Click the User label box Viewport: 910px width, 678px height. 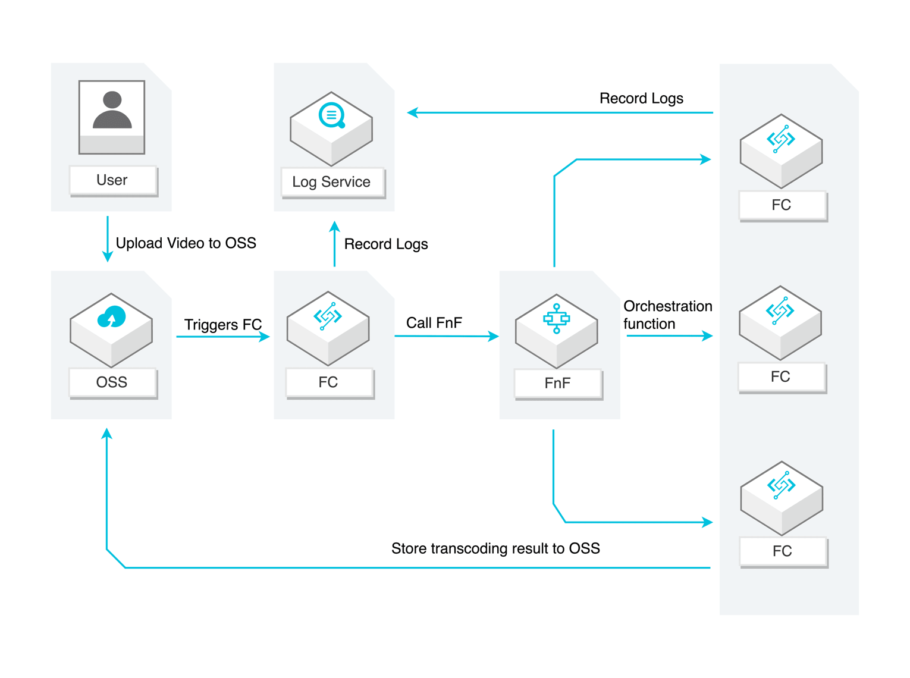112,180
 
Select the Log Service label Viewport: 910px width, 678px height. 332,182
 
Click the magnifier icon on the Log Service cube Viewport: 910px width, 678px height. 332,115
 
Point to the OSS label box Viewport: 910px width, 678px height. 112,382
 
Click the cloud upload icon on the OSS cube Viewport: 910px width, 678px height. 112,317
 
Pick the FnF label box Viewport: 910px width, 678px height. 558,384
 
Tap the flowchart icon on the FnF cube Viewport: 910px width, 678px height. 557,318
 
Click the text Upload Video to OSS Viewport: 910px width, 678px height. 186,243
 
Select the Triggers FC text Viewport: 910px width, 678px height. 222,325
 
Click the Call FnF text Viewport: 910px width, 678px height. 434,323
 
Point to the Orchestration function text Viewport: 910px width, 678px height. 667,315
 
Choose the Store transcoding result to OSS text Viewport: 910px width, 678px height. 495,548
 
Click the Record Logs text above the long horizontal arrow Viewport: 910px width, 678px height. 641,99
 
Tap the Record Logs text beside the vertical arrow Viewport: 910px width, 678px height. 386,244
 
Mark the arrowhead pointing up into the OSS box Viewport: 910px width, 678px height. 107,434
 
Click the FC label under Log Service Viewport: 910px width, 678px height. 328,382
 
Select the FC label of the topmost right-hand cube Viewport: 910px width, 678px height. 782,205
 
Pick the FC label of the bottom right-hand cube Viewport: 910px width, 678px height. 782,551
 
